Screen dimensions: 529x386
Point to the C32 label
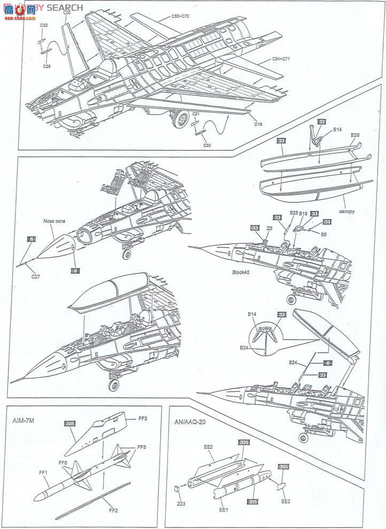point(44,25)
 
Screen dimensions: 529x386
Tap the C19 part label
point(258,124)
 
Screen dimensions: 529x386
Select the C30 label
point(207,145)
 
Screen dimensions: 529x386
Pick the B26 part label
point(355,135)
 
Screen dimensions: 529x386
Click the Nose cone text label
point(54,220)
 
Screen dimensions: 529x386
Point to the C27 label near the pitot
point(35,276)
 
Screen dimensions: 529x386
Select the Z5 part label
point(270,227)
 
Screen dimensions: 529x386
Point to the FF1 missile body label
point(43,472)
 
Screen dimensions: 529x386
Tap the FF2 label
point(113,510)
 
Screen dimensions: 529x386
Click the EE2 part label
point(208,447)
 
